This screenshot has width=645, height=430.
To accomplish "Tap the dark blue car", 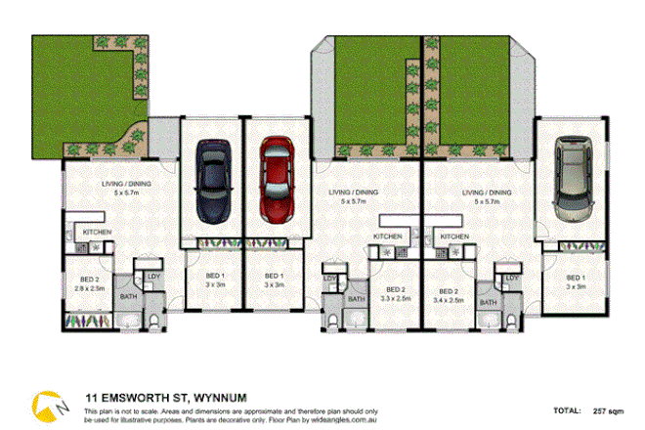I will click(212, 180).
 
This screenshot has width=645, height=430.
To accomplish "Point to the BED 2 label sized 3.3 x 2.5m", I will click(394, 294).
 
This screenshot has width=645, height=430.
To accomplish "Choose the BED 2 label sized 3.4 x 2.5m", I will click(450, 294).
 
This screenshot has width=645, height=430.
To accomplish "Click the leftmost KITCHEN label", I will click(97, 232).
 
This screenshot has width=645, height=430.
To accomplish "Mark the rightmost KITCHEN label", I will click(455, 236).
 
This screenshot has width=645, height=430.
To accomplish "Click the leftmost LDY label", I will click(152, 278).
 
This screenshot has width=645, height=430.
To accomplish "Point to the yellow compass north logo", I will click(44, 403).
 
